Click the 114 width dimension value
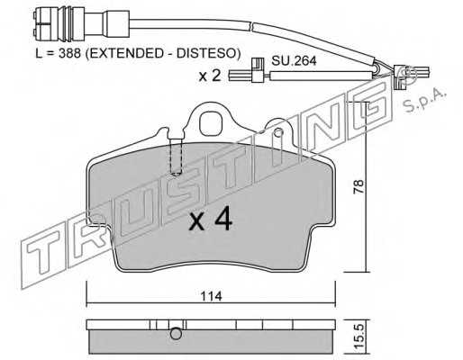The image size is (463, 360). tap(212, 296)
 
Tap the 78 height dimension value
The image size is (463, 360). tap(359, 186)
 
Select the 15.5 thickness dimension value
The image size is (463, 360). tap(359, 335)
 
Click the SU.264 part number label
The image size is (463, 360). tap(294, 61)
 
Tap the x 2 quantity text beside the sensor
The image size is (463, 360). tap(210, 76)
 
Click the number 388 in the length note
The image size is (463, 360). tap(69, 53)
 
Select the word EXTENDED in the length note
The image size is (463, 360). tap(124, 53)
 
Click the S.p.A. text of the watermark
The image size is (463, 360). tap(423, 101)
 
